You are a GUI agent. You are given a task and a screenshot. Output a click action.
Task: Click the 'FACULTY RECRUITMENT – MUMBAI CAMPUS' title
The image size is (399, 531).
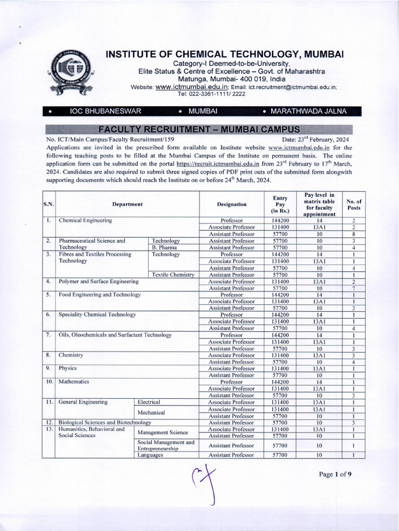point(199,129)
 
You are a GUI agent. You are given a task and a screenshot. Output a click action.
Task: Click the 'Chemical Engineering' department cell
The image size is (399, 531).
point(86,220)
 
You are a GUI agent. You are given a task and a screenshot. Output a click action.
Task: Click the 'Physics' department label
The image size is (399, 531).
point(68,368)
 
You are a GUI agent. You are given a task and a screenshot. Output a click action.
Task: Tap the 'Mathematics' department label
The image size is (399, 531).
point(74,382)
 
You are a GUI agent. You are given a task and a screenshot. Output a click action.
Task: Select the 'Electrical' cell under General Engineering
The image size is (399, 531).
point(149,402)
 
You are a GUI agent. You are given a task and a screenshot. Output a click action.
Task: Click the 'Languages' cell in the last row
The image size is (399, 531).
point(150,455)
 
